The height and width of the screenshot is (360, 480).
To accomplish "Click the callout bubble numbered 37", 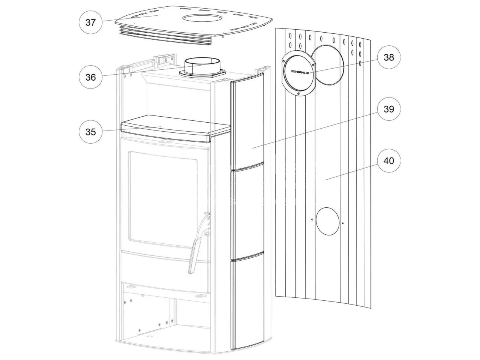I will click(x=90, y=22).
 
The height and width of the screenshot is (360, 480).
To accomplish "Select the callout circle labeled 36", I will click(x=90, y=77).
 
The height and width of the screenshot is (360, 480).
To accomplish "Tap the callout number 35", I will click(x=90, y=132).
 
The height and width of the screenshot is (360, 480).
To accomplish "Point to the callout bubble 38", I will click(x=389, y=57).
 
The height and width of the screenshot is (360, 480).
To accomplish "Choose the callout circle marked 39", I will click(x=389, y=109).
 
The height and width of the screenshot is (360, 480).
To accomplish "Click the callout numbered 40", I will click(x=389, y=161).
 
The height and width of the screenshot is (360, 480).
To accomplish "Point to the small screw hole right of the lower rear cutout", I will click(x=343, y=223).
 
